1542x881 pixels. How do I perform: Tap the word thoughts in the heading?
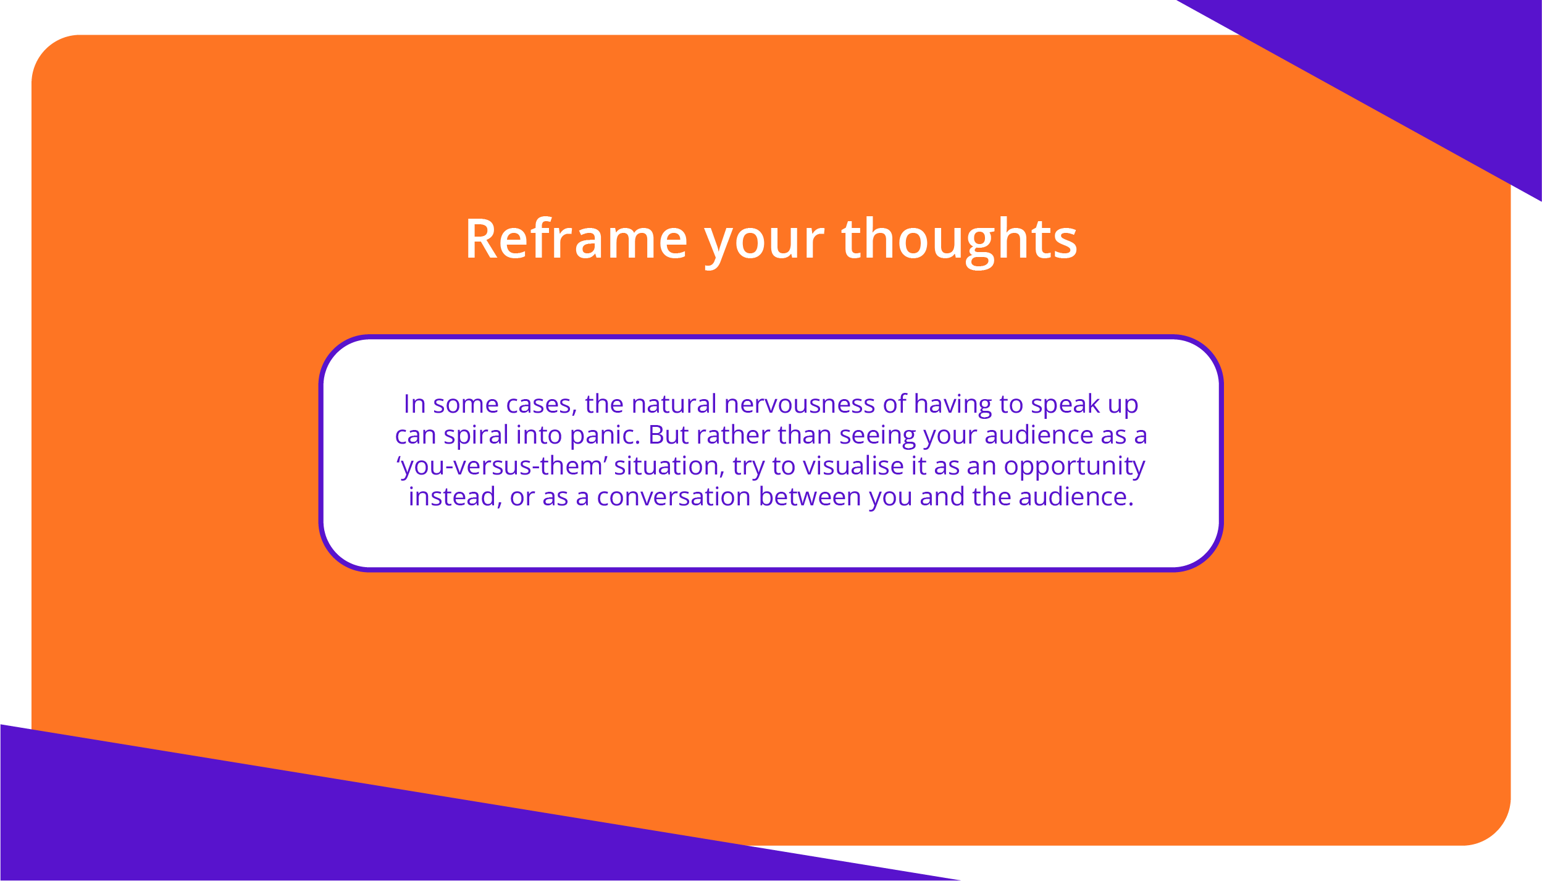pyautogui.click(x=960, y=242)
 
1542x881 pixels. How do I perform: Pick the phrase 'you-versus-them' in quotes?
pyautogui.click(x=502, y=467)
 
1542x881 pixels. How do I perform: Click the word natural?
pyautogui.click(x=674, y=404)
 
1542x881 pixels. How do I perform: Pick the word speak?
pyautogui.click(x=1065, y=405)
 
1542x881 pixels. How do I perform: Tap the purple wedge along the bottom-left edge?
pyautogui.click(x=309, y=828)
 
